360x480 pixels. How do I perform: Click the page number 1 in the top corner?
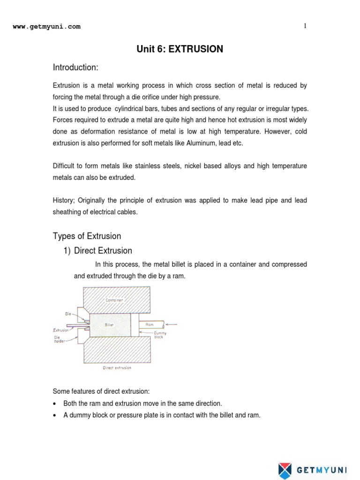coord(305,26)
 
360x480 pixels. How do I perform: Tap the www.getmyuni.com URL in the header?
coord(46,27)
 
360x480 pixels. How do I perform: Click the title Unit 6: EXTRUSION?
coord(180,49)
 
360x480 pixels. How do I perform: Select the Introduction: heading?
coord(75,68)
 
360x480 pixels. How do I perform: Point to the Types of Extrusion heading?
coord(87,236)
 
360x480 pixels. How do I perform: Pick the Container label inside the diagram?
coord(114,300)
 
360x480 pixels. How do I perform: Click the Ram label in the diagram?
coord(149,324)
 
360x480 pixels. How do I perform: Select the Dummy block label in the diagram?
coord(159,335)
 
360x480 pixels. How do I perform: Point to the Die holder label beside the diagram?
coord(59,338)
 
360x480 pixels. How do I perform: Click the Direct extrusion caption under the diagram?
coord(117,368)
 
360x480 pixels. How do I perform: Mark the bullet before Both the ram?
coord(55,404)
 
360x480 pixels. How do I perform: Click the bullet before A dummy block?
coord(55,415)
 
